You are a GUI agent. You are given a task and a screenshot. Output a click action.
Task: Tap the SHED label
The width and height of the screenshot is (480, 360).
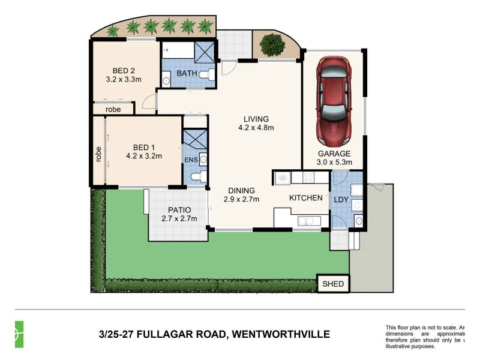point(332,284)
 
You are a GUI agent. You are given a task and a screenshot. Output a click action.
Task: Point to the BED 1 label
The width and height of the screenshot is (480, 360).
point(144,148)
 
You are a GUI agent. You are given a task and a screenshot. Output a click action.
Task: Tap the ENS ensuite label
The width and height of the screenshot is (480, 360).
point(190,160)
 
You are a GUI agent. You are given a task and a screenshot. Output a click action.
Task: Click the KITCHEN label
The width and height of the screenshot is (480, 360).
point(306,198)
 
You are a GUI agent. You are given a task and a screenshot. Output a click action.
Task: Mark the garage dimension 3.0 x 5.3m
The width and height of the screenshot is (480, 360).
point(334,162)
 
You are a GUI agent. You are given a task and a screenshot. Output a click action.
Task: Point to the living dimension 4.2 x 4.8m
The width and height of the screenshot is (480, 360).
point(256,127)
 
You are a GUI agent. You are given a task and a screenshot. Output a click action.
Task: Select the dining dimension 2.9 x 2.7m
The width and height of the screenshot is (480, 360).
point(241,199)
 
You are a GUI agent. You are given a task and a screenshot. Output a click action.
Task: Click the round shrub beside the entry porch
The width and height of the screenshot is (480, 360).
point(274,44)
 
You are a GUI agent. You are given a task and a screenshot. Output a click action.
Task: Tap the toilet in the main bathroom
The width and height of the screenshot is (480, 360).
point(206,74)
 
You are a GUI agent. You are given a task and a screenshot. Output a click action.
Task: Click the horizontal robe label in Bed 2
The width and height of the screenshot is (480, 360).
point(113,109)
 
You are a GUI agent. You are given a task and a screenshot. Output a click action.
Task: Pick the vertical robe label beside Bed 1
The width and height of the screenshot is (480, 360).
point(98,155)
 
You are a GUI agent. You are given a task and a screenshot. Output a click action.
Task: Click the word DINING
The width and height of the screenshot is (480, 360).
point(241,190)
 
